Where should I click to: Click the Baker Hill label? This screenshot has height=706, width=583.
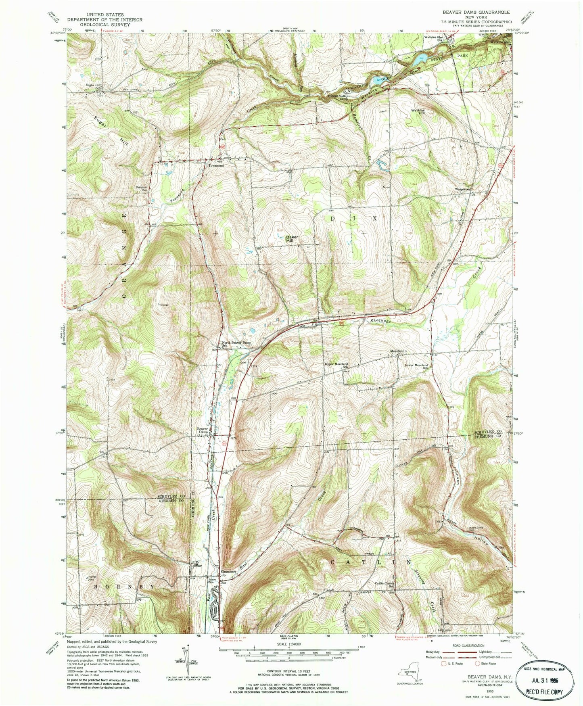click(292, 238)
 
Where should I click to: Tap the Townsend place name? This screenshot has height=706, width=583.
click(216, 165)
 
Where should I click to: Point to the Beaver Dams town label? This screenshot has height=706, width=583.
click(202, 430)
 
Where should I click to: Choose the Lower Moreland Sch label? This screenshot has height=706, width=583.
click(416, 367)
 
